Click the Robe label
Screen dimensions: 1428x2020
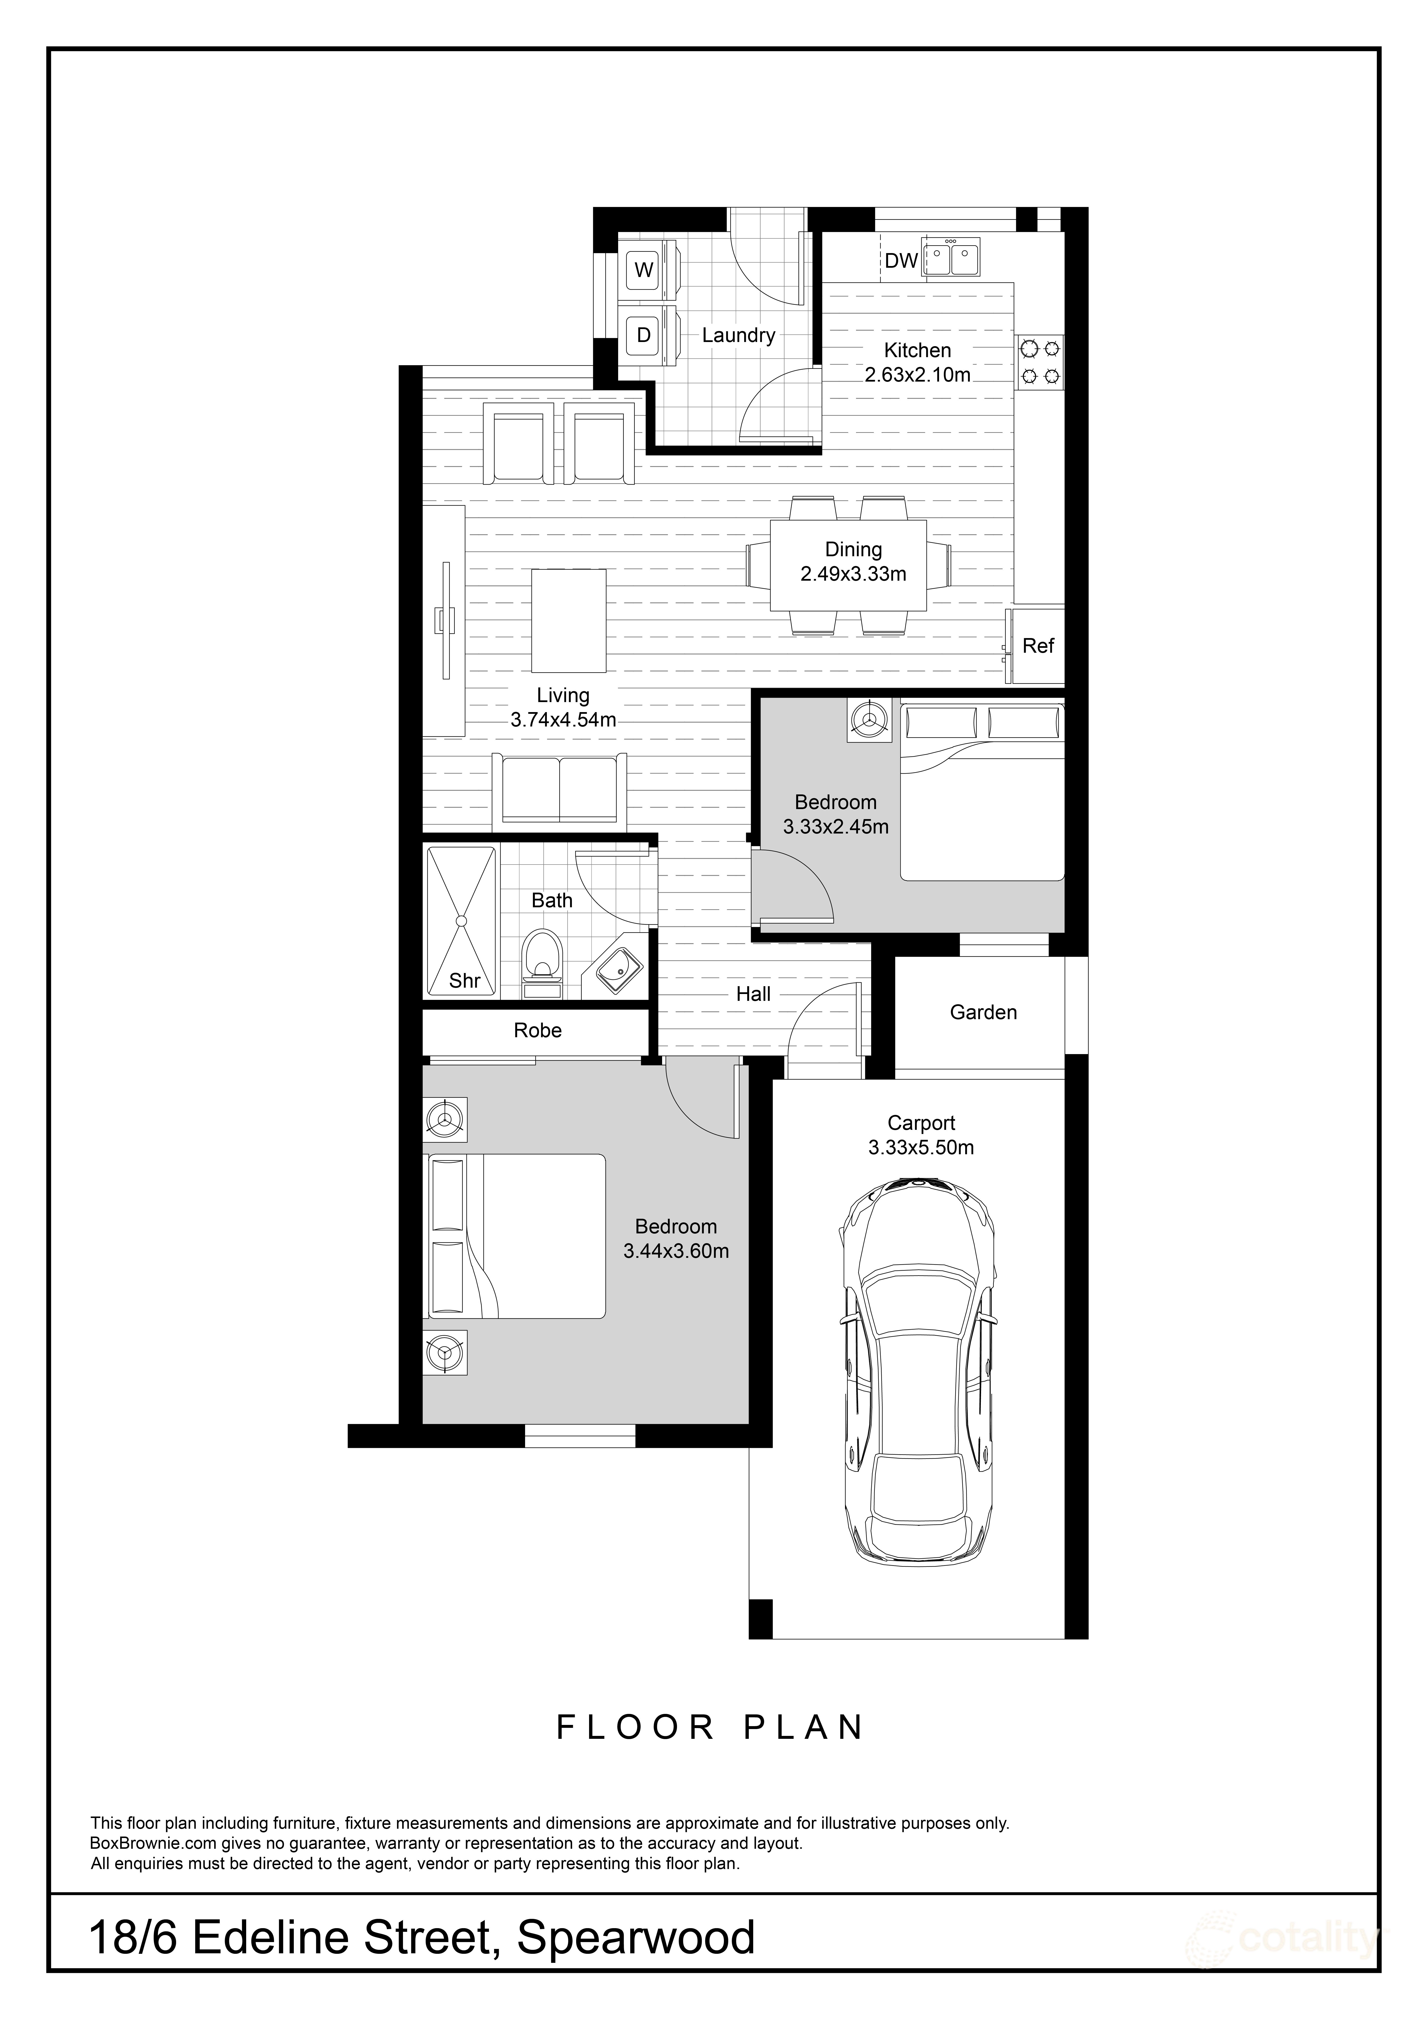click(x=538, y=1030)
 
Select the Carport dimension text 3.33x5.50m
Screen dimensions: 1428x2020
click(x=921, y=1147)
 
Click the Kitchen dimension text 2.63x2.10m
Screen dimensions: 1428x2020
click(x=918, y=375)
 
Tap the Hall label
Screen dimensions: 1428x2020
click(x=754, y=994)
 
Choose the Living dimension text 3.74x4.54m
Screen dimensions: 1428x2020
click(x=563, y=720)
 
